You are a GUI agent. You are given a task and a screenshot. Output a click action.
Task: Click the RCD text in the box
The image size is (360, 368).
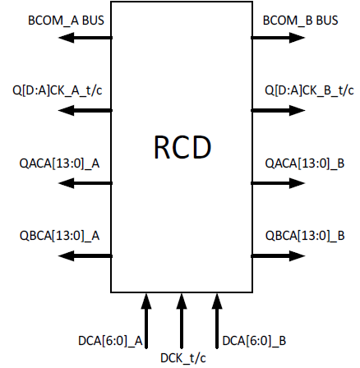pyautogui.click(x=182, y=148)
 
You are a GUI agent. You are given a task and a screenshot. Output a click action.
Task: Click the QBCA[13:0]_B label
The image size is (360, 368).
pyautogui.click(x=304, y=236)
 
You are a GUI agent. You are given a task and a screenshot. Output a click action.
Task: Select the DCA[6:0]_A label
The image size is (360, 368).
pyautogui.click(x=111, y=338)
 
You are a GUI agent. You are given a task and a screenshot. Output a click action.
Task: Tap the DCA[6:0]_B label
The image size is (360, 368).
pyautogui.click(x=254, y=338)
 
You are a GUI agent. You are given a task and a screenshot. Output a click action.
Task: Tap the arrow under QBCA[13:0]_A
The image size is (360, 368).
pyautogui.click(x=86, y=255)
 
